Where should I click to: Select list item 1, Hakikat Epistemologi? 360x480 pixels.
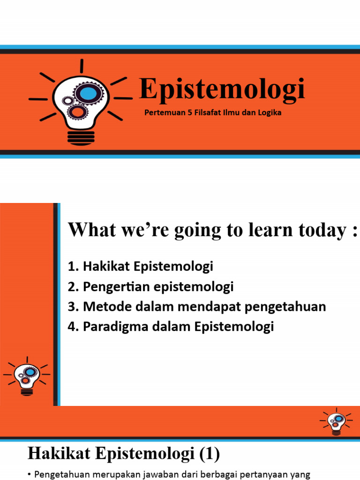141,267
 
